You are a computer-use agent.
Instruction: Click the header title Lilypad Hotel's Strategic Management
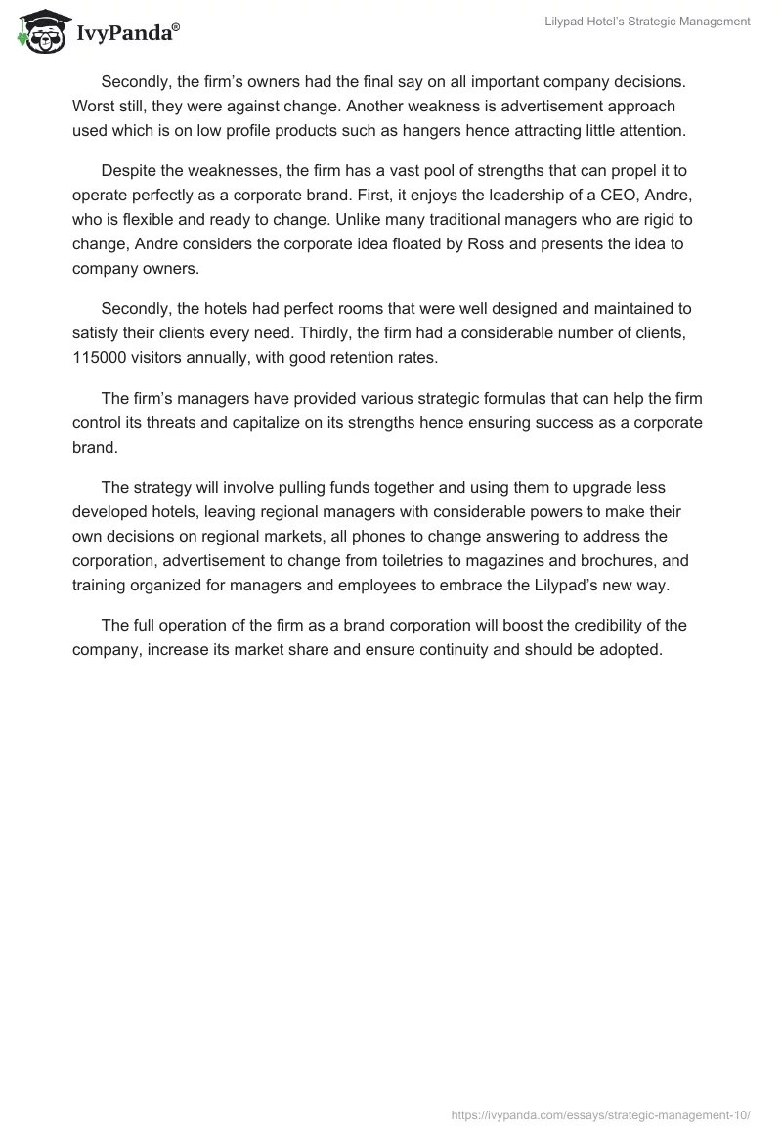(x=647, y=22)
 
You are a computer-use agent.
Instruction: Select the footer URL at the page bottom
(x=600, y=1112)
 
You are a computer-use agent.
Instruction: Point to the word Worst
(x=95, y=106)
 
